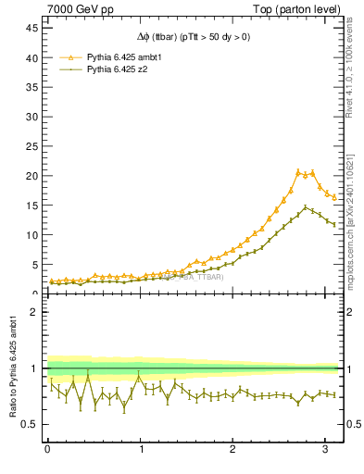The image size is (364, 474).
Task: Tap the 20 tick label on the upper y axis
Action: pos(31,176)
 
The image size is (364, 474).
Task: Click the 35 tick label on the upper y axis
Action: pos(31,87)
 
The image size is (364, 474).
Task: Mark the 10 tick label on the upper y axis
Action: pos(31,235)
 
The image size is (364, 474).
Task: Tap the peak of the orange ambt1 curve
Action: pos(298,171)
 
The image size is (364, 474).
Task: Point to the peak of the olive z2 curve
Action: pos(307,207)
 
